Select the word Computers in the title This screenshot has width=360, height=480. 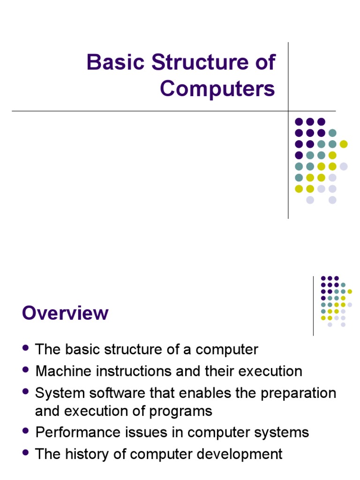(x=217, y=89)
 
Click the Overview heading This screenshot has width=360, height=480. (x=65, y=313)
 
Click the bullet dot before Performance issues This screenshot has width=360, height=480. (x=26, y=431)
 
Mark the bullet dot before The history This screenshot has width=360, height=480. (x=26, y=452)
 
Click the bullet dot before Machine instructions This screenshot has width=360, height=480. (x=26, y=370)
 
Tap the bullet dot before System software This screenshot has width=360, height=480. (x=26, y=391)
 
